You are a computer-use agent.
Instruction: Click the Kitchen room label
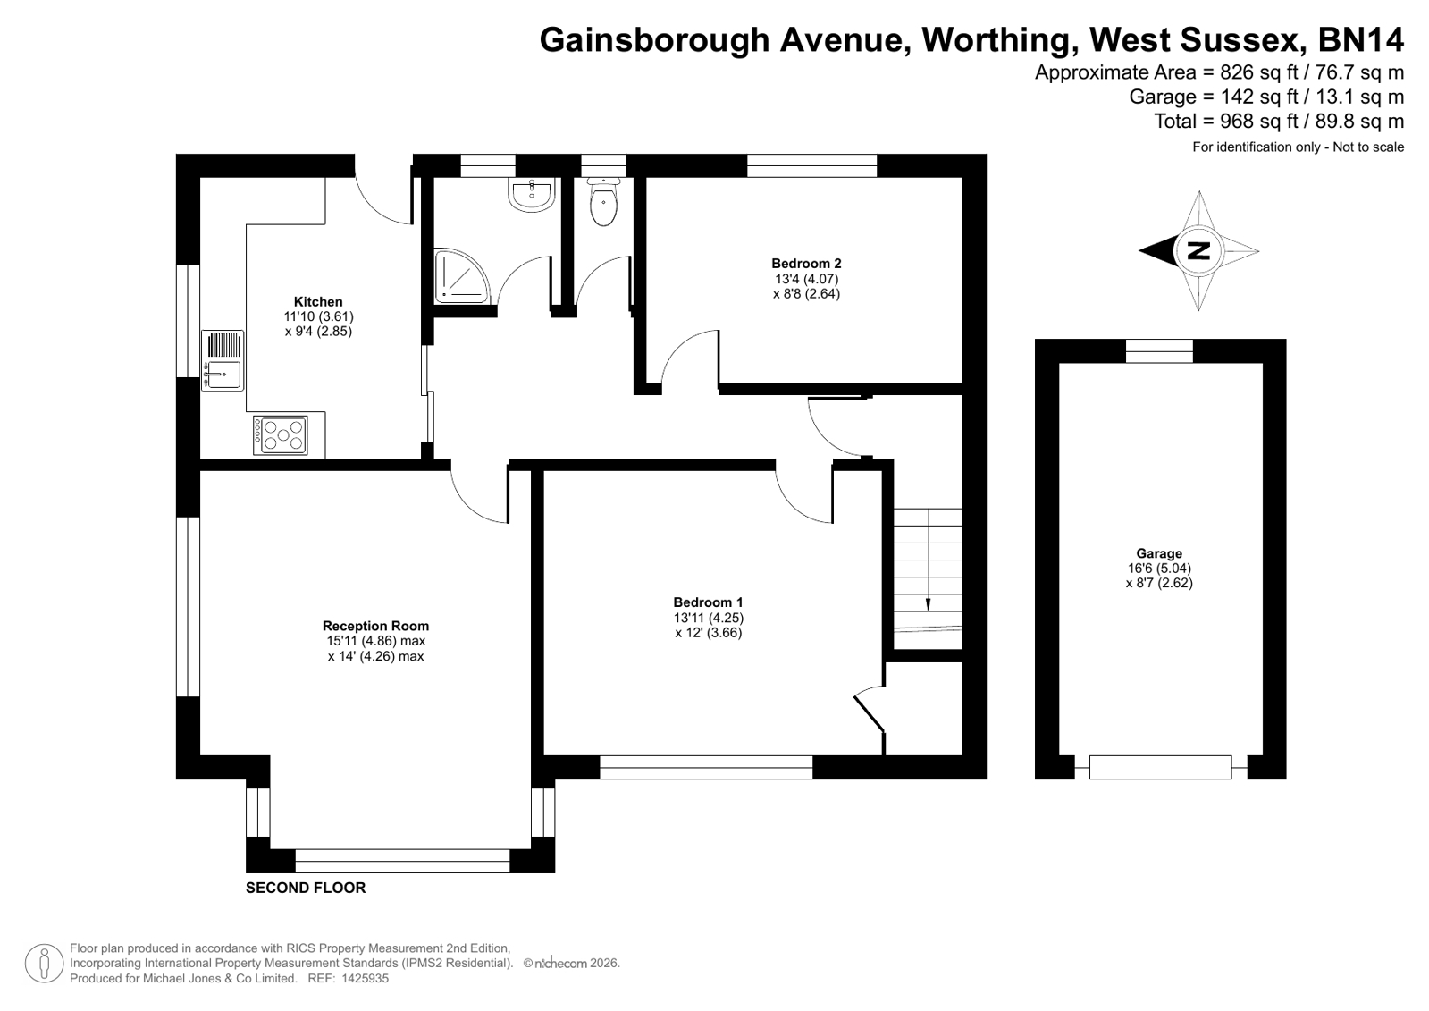(x=317, y=301)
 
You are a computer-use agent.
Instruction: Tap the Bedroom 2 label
(x=806, y=263)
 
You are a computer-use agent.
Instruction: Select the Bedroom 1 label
(x=708, y=602)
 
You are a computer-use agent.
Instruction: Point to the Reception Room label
(x=375, y=626)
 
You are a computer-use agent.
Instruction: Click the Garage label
(x=1159, y=553)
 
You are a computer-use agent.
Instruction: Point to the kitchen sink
(x=223, y=360)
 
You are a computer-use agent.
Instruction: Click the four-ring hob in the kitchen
(x=280, y=435)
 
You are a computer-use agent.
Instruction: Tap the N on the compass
(x=1198, y=251)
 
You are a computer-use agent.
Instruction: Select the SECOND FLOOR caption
(x=306, y=888)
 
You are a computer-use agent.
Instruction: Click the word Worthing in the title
(x=996, y=39)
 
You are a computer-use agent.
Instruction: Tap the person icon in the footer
(x=44, y=964)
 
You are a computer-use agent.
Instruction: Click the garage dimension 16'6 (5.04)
(x=1159, y=568)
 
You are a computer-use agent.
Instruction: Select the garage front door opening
(x=1160, y=767)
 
